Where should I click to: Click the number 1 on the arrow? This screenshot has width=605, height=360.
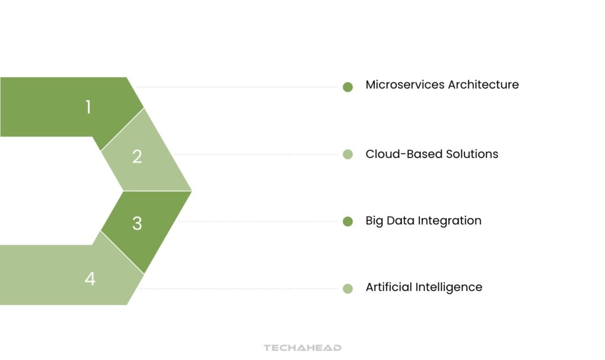[x=88, y=107]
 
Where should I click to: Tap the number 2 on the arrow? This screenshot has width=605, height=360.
[x=137, y=157]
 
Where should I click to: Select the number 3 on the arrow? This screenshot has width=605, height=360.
[x=137, y=223]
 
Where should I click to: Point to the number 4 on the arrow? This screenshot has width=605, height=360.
[x=90, y=278]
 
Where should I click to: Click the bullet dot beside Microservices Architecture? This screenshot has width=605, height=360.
[x=347, y=87]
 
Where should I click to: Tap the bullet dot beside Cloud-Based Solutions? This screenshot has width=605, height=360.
[x=347, y=155]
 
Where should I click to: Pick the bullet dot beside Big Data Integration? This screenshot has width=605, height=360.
[x=347, y=222]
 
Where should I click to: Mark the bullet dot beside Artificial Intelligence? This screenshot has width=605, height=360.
[x=347, y=288]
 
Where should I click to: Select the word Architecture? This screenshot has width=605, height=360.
[x=483, y=85]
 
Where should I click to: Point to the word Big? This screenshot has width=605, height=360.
[x=375, y=221]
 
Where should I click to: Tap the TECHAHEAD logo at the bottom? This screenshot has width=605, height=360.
[x=302, y=348]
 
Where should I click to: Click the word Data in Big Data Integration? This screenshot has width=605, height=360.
[x=401, y=220]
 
